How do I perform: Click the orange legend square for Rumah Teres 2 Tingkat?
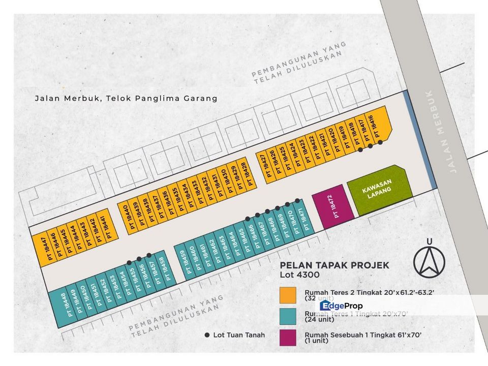[x=287, y=295]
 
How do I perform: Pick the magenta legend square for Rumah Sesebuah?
[x=287, y=338]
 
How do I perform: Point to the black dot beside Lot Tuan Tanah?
[x=207, y=335]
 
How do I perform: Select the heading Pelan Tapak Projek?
[x=334, y=265]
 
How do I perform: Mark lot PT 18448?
[x=58, y=305]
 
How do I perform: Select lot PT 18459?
[x=183, y=262]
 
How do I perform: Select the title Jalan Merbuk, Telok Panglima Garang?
[x=126, y=98]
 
